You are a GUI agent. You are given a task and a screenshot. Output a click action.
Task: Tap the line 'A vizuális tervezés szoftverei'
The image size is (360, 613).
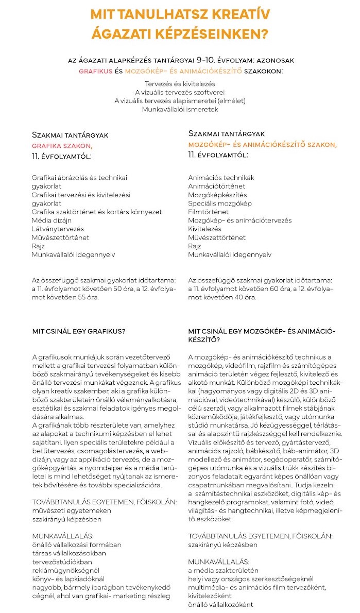click(180, 92)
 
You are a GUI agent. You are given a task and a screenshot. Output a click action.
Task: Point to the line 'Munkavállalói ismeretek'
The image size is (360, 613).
click(180, 109)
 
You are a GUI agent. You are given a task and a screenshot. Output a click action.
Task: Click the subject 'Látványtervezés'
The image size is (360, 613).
click(57, 229)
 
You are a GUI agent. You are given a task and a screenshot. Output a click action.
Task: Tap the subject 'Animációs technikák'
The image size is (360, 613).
click(221, 177)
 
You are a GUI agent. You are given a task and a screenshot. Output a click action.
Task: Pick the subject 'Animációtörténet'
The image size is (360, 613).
click(216, 186)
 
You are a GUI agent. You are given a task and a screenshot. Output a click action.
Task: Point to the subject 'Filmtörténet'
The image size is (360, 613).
click(208, 212)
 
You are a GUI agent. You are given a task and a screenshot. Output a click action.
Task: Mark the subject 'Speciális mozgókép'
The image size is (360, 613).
click(220, 203)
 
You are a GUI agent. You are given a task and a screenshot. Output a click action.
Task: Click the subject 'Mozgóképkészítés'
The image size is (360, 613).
click(217, 195)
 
